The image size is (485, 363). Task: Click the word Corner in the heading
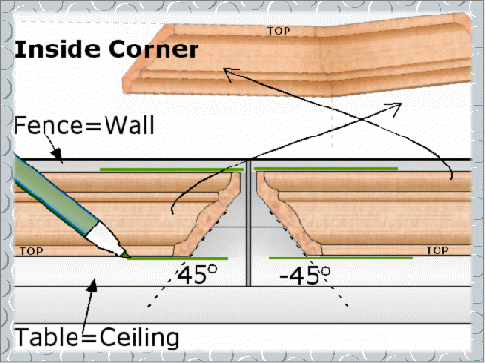(154, 49)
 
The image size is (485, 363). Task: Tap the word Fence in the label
(48, 125)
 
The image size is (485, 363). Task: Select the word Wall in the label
(130, 125)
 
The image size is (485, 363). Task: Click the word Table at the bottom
(46, 337)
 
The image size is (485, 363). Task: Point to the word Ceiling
(139, 338)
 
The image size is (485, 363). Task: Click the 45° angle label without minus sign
(197, 275)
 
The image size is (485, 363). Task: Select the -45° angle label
(305, 275)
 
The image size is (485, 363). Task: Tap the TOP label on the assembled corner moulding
(279, 31)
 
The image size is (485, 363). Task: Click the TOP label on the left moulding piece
(31, 251)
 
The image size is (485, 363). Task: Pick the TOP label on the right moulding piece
(438, 250)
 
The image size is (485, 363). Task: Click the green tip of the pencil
(125, 255)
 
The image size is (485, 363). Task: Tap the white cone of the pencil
(105, 237)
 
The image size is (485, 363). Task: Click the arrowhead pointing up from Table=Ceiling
(93, 286)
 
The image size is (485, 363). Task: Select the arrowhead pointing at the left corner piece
(229, 75)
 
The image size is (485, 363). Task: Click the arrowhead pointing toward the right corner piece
(394, 108)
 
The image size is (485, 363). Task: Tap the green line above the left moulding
(171, 169)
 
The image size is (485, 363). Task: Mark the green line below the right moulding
(341, 257)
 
